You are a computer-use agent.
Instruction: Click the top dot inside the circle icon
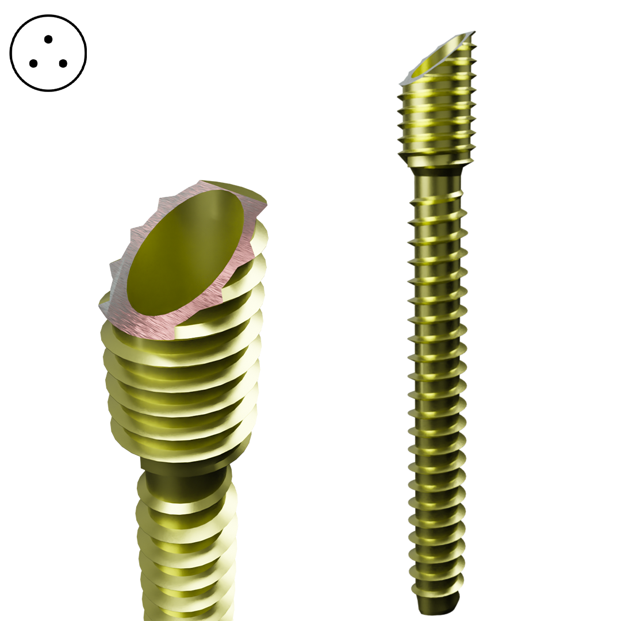pos(48,39)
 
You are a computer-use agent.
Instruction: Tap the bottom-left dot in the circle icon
pos(33,63)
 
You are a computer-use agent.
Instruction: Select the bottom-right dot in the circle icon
pos(63,63)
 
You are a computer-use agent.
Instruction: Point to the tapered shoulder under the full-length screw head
pos(437,167)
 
